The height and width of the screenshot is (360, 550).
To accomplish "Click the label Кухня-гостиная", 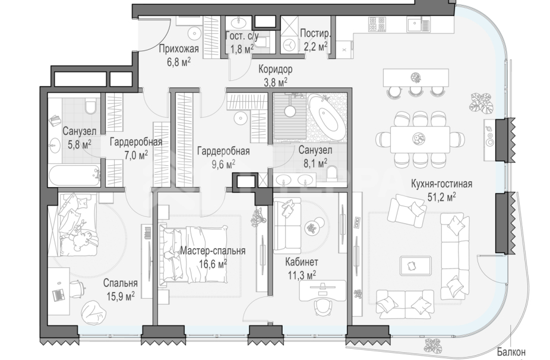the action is coord(442,184).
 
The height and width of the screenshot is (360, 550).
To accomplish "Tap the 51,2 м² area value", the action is coord(442,197).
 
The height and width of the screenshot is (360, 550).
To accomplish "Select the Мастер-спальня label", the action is coord(213,251).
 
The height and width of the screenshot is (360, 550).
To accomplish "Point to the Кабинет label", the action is coord(302,262).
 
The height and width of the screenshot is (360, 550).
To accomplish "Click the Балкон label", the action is coord(511,352).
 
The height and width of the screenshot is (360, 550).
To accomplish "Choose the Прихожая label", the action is coord(179,49).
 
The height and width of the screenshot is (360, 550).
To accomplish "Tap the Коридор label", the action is coord(276,69).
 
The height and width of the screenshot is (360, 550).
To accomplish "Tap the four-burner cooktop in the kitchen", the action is coord(377,24).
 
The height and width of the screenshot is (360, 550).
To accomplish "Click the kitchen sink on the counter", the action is coord(418,24).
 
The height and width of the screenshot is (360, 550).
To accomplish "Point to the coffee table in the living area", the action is coord(416,266).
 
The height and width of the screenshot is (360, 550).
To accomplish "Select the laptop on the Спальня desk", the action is coord(59,295).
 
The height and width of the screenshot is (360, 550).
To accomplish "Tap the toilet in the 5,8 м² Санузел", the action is coord(90,106).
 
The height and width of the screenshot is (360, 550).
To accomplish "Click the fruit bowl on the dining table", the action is coord(418,138).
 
